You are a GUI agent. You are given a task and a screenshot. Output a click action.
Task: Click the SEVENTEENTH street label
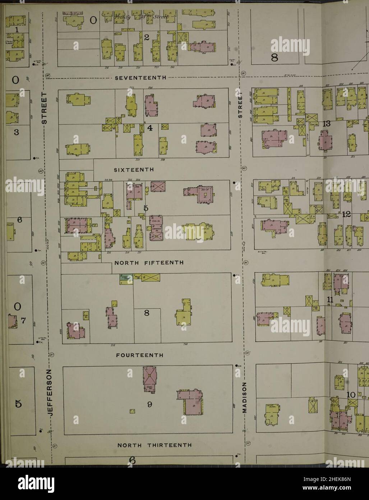(x=140, y=78)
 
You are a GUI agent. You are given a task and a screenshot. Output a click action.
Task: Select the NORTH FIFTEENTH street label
(x=149, y=263)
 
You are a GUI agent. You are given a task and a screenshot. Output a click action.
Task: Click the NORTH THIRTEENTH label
(x=154, y=445)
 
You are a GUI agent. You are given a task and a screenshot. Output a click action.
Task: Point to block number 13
(x=326, y=124)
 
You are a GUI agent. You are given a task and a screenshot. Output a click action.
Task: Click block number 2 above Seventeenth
(x=146, y=37)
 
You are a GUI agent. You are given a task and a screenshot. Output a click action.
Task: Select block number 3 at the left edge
(x=16, y=132)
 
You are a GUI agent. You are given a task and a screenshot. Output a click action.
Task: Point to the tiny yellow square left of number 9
(x=133, y=411)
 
